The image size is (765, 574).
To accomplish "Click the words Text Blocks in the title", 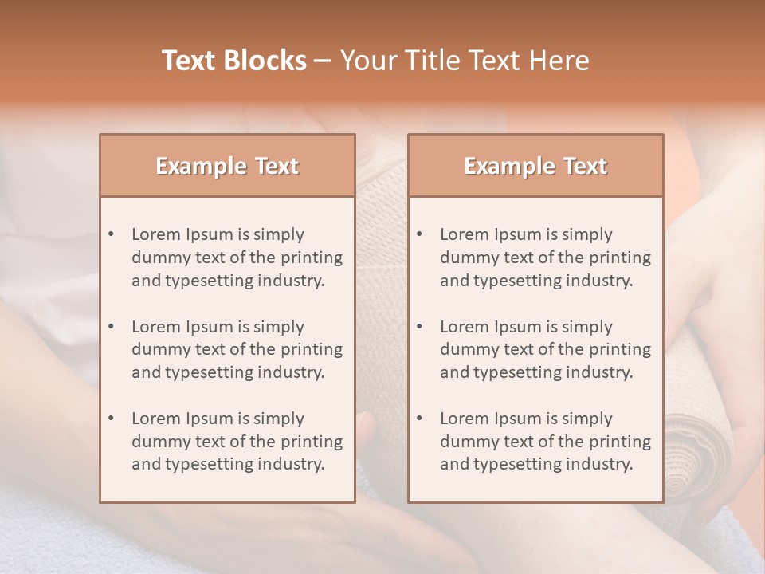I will point(233,61).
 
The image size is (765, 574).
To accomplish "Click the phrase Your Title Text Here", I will point(465,61).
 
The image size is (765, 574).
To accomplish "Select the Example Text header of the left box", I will point(227,166).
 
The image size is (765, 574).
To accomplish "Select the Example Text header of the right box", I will point(535,166).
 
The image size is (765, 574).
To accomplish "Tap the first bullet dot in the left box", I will point(112,234).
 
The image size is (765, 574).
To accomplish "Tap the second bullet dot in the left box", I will point(112,327).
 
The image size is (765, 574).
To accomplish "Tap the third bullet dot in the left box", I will point(112,419).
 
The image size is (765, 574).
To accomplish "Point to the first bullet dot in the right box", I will point(420,234).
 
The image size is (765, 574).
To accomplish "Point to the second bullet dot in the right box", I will point(420,327).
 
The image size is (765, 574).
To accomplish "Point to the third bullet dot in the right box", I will point(420,419).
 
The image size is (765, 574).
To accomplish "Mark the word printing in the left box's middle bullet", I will point(313,350).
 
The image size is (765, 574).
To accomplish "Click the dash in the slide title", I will point(323,61).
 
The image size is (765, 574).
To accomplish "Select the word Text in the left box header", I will point(277,166).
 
